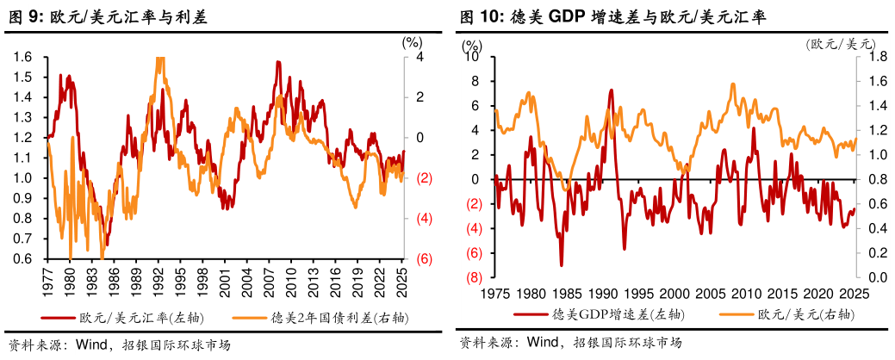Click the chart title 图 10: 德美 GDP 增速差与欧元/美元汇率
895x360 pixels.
pos(612,16)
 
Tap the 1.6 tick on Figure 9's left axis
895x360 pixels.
pos(23,57)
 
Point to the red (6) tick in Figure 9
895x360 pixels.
pos(424,258)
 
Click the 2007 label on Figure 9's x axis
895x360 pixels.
pos(269,281)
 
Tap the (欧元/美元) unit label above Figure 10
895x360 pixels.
pos(840,44)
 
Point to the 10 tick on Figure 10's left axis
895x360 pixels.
pos(471,57)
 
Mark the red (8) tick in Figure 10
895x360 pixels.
pos(473,278)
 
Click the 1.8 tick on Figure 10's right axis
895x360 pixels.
pos(874,57)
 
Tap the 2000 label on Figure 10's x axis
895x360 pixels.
pos(674,294)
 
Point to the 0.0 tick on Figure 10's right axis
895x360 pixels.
pos(874,278)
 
